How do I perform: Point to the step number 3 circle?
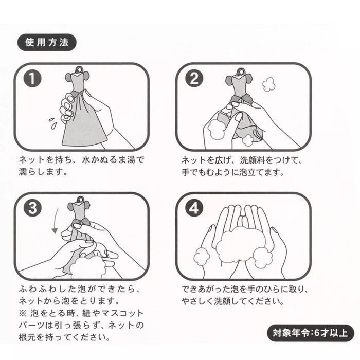point(33,208)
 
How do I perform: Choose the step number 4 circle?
point(194,208)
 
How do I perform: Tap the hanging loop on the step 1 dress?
point(77,69)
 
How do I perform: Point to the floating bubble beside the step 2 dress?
point(268,84)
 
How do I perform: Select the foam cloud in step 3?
point(88,267)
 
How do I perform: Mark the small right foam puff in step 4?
point(264,256)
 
